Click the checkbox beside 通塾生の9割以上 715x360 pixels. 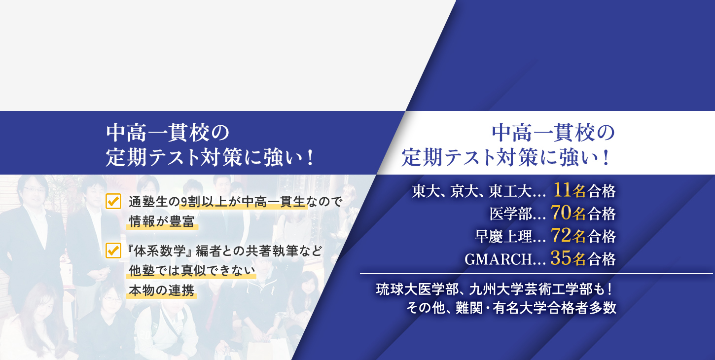(x=113, y=201)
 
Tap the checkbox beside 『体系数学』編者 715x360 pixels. (x=113, y=251)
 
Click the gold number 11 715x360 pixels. (x=562, y=190)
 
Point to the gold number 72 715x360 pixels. (x=561, y=236)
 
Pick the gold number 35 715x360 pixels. (x=561, y=258)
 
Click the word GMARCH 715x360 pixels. (x=498, y=259)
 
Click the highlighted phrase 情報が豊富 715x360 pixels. (x=162, y=221)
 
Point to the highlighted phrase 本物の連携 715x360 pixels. (x=162, y=290)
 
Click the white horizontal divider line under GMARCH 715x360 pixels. (x=536, y=274)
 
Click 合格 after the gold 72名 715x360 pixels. (x=602, y=237)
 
